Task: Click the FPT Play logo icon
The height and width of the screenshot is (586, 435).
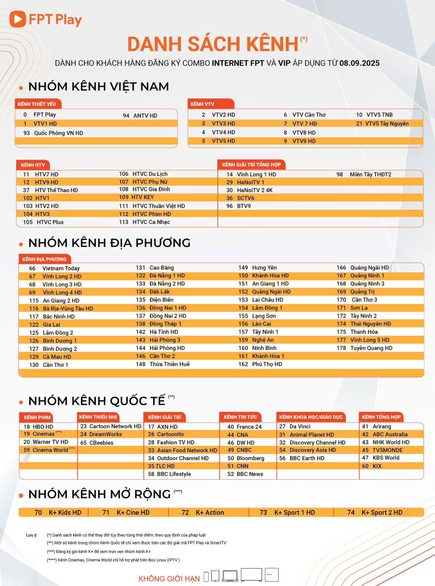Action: (17, 19)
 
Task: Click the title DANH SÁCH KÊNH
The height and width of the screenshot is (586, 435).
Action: (213, 44)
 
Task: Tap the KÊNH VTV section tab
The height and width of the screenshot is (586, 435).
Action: (202, 104)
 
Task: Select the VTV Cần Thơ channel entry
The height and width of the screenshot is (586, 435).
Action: (309, 115)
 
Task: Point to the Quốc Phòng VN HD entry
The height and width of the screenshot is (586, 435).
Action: (59, 133)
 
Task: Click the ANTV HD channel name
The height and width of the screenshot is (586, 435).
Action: (145, 116)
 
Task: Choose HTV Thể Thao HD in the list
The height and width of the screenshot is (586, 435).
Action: (56, 190)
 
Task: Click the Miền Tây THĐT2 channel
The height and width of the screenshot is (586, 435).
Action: (370, 174)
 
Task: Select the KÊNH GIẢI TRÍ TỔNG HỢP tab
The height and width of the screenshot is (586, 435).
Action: (251, 164)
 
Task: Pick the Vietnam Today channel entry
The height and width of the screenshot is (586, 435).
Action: (61, 268)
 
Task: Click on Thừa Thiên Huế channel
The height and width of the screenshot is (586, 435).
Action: (169, 364)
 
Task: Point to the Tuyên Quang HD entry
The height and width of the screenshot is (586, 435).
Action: (371, 348)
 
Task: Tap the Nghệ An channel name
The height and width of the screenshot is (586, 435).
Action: (263, 340)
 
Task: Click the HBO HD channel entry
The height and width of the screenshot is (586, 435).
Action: (43, 427)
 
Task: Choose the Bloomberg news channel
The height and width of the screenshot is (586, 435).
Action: (250, 458)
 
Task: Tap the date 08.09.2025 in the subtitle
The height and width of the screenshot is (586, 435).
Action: (359, 63)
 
